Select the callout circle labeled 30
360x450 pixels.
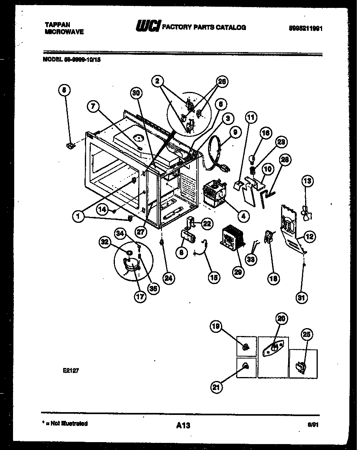(x=136, y=93)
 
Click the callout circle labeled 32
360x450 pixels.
(x=105, y=243)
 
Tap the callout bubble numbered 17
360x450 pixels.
(x=139, y=297)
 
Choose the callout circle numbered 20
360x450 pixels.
(x=282, y=318)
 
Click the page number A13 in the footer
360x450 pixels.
(x=183, y=425)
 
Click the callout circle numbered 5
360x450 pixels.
(x=65, y=90)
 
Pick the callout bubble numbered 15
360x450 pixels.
(x=214, y=277)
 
